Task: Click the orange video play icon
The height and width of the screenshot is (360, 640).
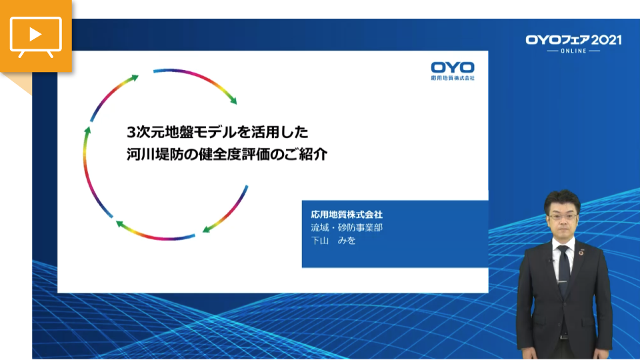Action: [x=36, y=36]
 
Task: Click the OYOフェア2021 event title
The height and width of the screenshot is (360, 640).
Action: [x=573, y=40]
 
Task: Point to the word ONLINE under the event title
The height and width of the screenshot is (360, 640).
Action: [x=573, y=51]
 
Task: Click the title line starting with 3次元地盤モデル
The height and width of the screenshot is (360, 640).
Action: [x=217, y=132]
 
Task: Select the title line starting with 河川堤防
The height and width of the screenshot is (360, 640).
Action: [x=227, y=154]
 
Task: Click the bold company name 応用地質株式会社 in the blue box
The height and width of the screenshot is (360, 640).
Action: [x=347, y=214]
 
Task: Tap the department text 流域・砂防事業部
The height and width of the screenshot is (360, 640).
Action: [x=347, y=227]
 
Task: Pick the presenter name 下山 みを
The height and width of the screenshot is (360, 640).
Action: [x=333, y=241]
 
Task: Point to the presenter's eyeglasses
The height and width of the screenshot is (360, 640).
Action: [x=563, y=217]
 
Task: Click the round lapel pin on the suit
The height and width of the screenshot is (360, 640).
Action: [x=581, y=253]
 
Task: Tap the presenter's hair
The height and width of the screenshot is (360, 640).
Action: [x=563, y=199]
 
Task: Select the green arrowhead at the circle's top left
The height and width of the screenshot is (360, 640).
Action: [x=134, y=79]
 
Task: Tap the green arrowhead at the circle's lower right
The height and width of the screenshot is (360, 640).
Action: [x=207, y=229]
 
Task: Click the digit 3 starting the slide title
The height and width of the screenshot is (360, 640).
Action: [x=131, y=132]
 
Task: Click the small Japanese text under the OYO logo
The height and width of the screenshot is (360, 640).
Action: [x=453, y=78]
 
